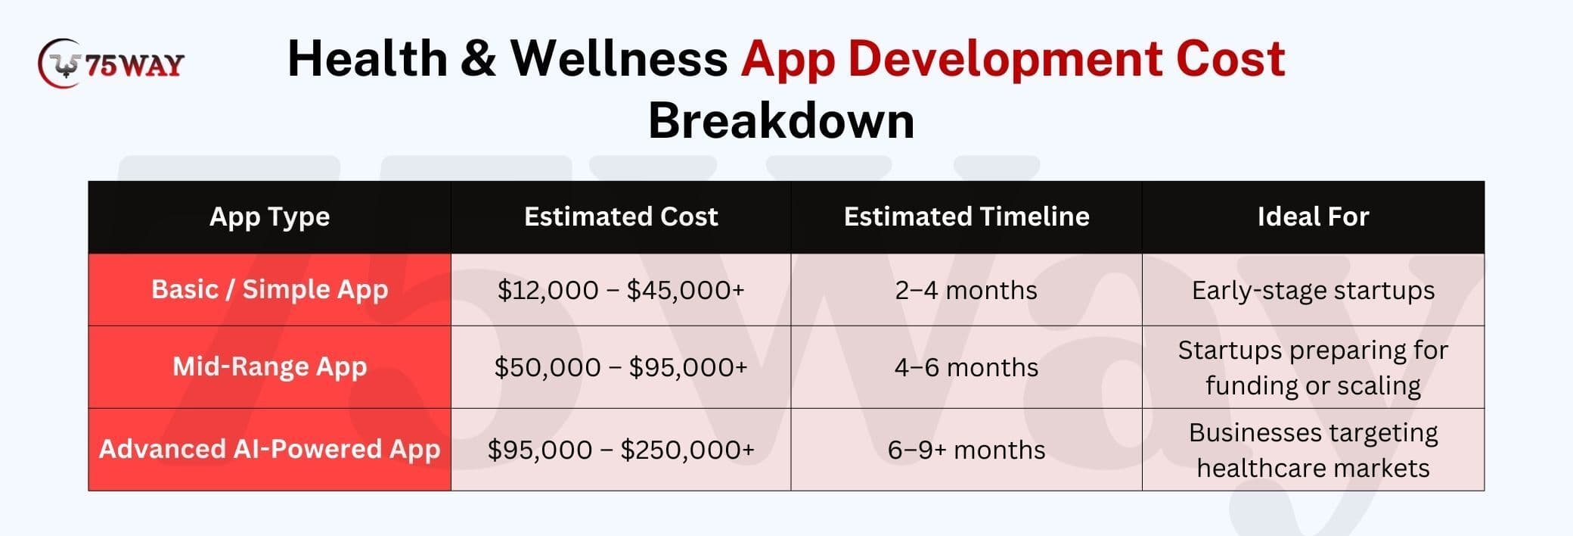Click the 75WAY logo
(110, 64)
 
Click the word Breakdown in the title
(781, 120)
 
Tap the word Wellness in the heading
(619, 58)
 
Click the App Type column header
(270, 217)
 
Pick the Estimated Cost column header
(621, 217)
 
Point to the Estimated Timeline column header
(966, 217)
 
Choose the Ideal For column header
(1313, 217)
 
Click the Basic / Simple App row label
(270, 290)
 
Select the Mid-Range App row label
(270, 367)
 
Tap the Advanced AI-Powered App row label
(270, 450)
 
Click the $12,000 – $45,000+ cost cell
(621, 291)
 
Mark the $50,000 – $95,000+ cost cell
(621, 368)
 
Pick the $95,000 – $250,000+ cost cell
(621, 450)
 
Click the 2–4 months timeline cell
(966, 291)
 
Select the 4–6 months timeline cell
(966, 368)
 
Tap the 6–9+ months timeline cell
(966, 450)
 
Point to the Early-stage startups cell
(1313, 291)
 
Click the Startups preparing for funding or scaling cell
(1313, 368)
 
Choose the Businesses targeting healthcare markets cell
(1313, 450)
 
